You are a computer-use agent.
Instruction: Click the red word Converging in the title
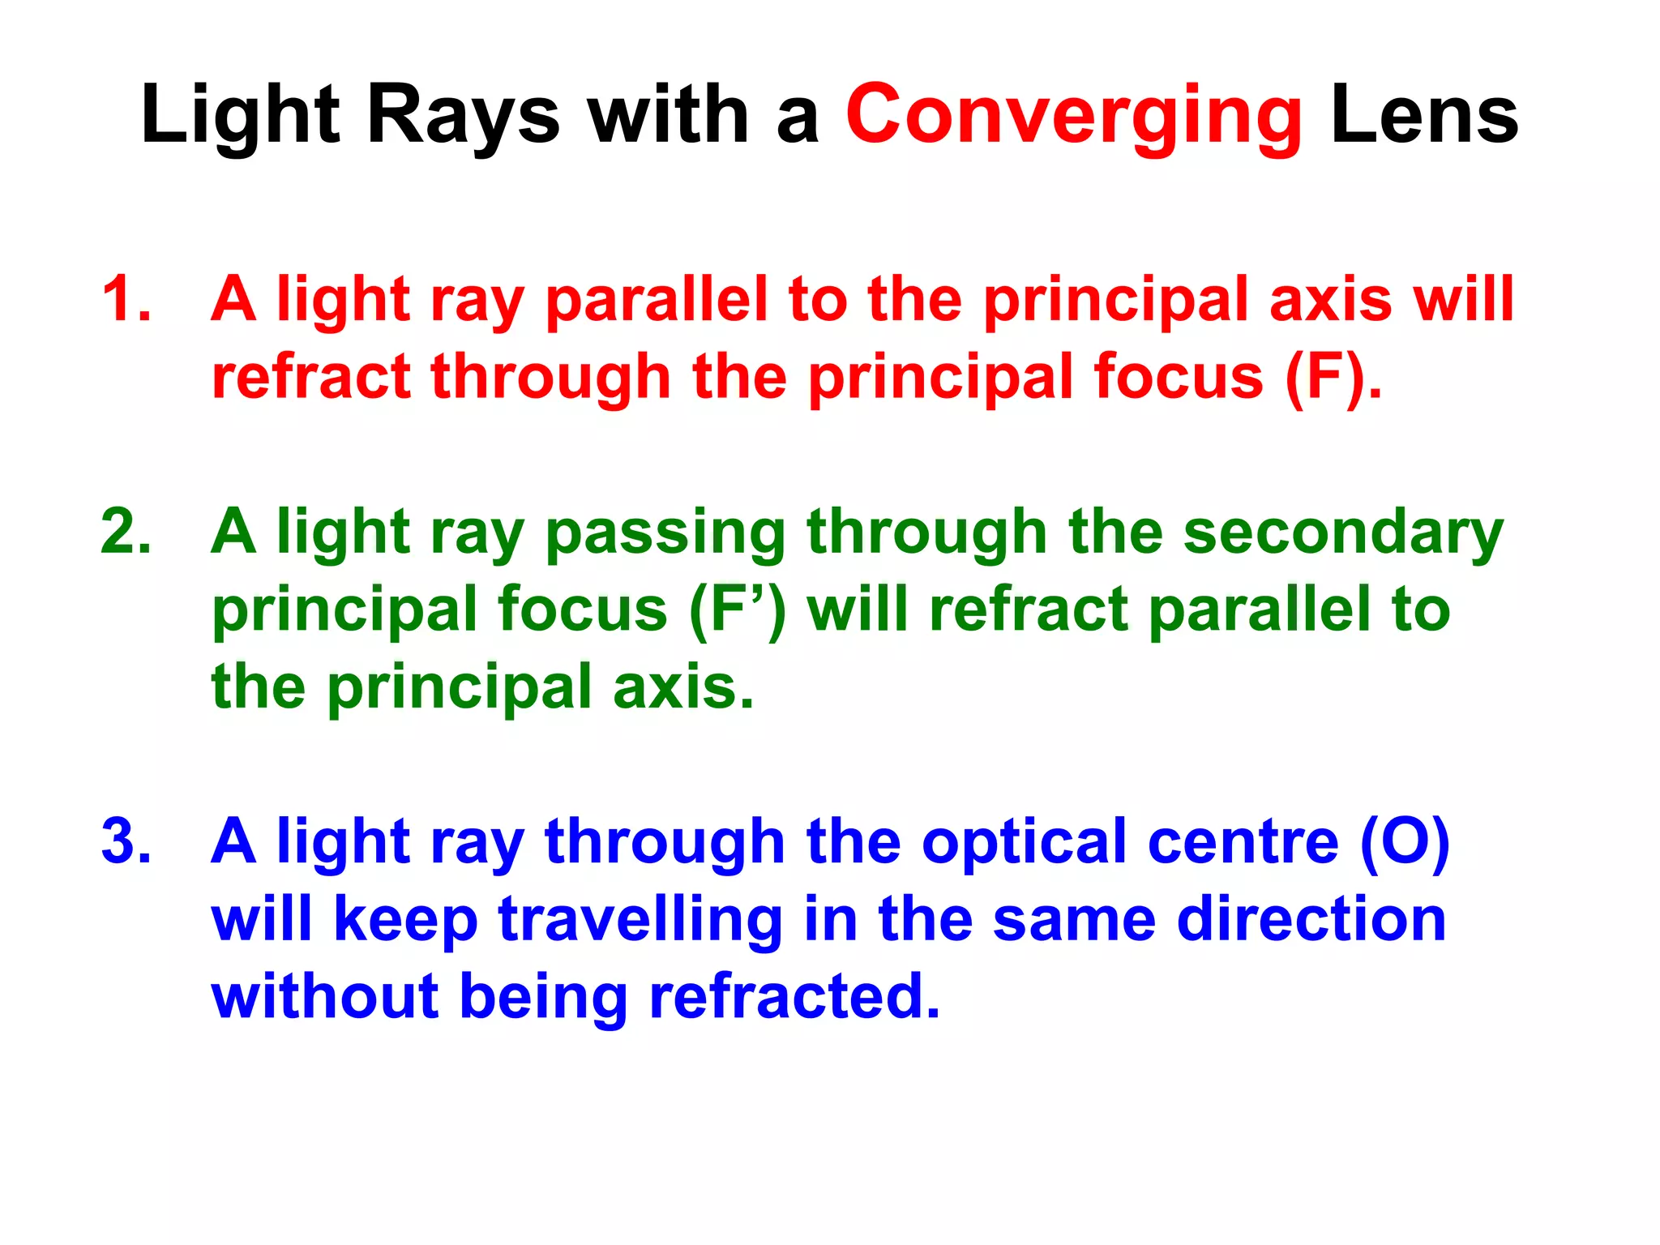click(1073, 118)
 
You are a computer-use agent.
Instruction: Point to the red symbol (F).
click(1333, 377)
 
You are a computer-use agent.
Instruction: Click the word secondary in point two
click(1343, 533)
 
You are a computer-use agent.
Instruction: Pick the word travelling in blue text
click(640, 920)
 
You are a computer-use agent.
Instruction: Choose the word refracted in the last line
click(794, 996)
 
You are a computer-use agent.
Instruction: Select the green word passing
click(665, 533)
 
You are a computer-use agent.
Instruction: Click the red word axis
click(1330, 299)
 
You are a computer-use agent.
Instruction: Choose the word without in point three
click(325, 996)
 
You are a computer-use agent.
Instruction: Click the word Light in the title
click(240, 118)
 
